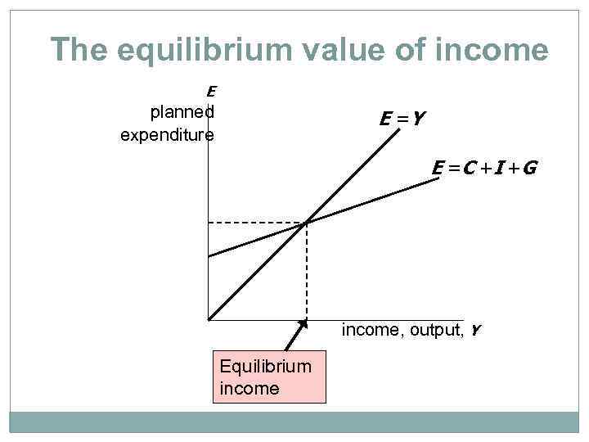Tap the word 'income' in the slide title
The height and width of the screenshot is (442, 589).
click(x=499, y=51)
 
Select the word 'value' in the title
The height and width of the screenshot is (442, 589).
click(x=336, y=51)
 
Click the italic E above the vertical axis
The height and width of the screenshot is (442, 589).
click(x=210, y=92)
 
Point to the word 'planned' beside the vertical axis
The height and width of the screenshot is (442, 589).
click(x=182, y=112)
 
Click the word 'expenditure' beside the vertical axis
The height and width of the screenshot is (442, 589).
click(x=167, y=134)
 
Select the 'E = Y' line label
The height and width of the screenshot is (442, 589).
click(x=402, y=120)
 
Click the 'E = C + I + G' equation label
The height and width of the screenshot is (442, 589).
click(x=484, y=169)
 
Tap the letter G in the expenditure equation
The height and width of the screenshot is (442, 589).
click(x=528, y=169)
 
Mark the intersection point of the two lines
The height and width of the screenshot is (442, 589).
click(x=306, y=223)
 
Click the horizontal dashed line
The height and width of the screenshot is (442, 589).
click(x=257, y=223)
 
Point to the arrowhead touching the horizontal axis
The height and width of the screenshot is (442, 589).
click(x=303, y=324)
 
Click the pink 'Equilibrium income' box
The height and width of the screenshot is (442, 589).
click(x=269, y=377)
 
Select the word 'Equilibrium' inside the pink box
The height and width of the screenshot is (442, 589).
click(x=266, y=366)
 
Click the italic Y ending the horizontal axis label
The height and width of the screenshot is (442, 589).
click(x=475, y=331)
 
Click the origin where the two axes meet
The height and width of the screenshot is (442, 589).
click(x=209, y=319)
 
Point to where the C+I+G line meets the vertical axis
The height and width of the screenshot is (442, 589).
click(x=209, y=256)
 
